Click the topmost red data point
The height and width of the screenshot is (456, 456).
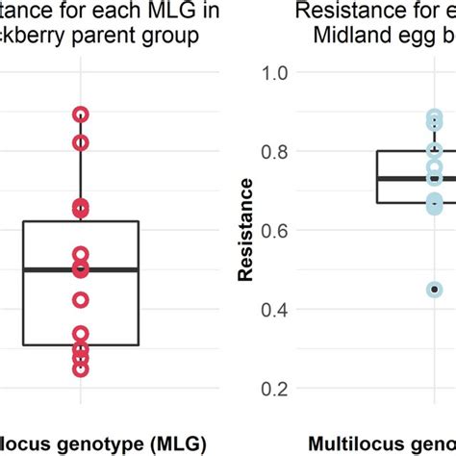point(81,114)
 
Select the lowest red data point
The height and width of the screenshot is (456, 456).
point(81,367)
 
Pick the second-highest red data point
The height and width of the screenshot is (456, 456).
point(81,142)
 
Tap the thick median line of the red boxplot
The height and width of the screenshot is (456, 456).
point(81,269)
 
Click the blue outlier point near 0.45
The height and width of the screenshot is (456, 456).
point(434,289)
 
